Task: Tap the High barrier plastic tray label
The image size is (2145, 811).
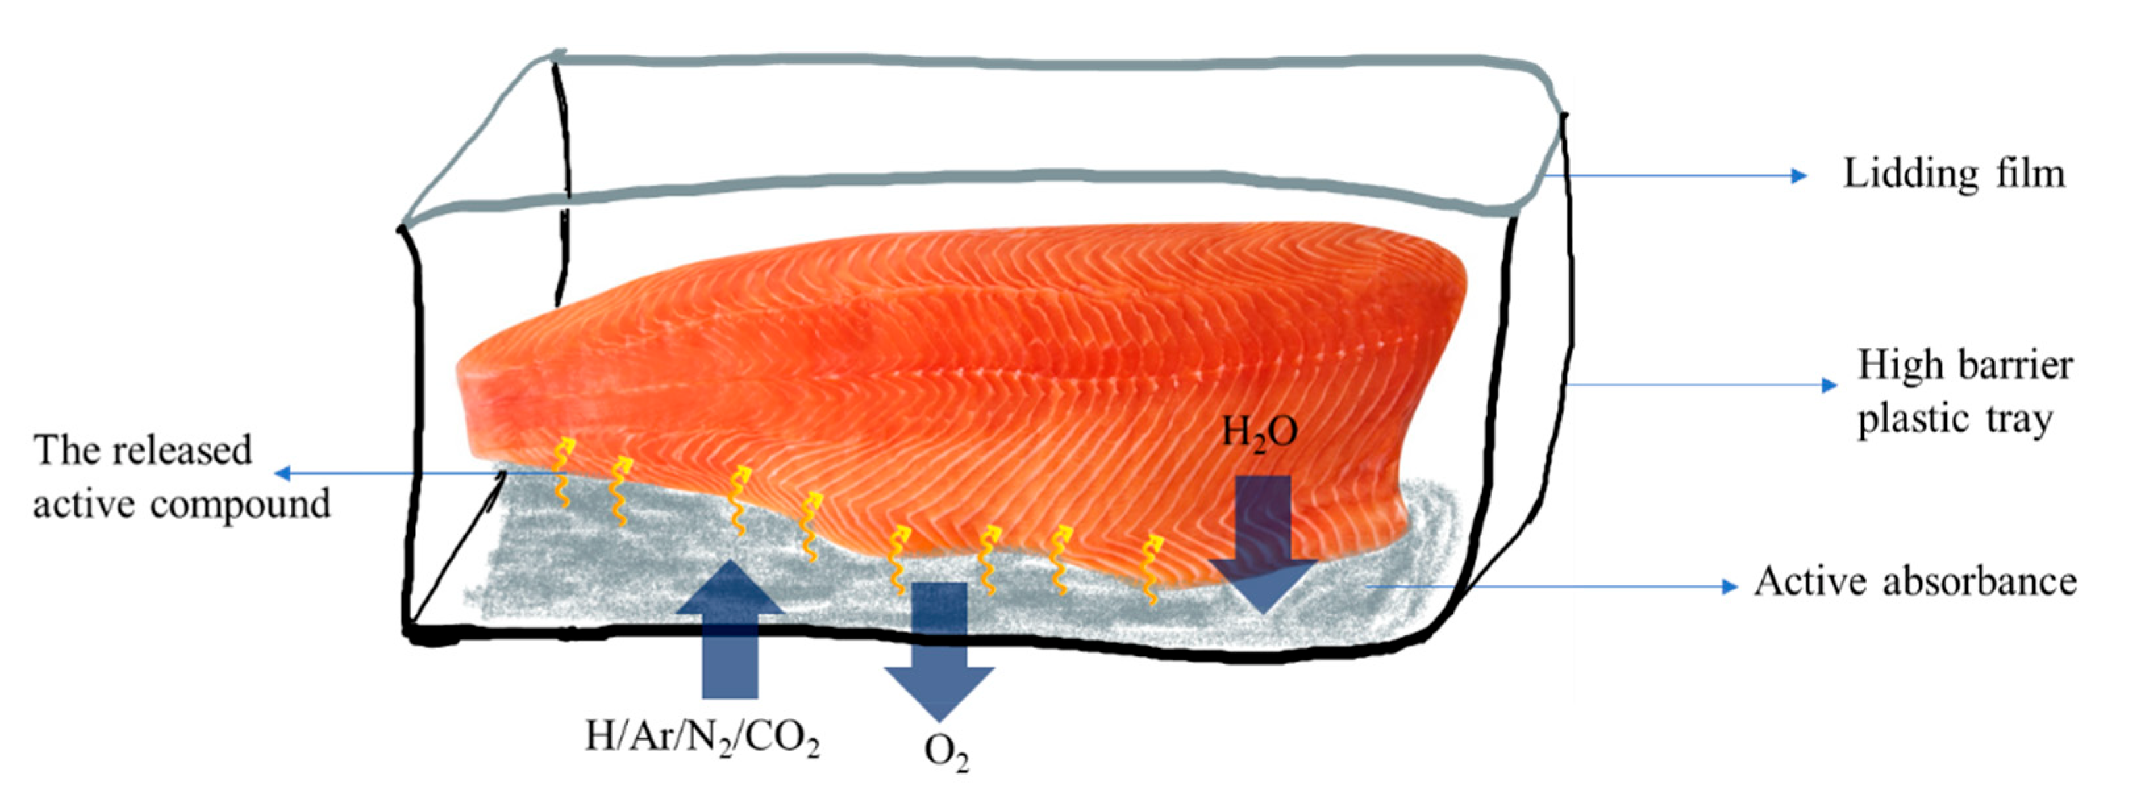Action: point(1964,391)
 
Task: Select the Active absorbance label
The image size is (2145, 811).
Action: point(1915,582)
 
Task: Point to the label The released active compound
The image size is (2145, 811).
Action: point(182,477)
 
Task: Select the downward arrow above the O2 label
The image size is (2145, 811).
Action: point(940,650)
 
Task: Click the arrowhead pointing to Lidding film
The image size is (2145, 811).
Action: point(1799,176)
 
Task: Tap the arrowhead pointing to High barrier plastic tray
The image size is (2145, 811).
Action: point(1829,384)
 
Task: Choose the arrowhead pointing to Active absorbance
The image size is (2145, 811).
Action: point(1730,587)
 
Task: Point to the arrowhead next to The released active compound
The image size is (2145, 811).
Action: point(283,473)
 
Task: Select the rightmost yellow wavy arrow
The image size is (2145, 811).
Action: point(1151,569)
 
